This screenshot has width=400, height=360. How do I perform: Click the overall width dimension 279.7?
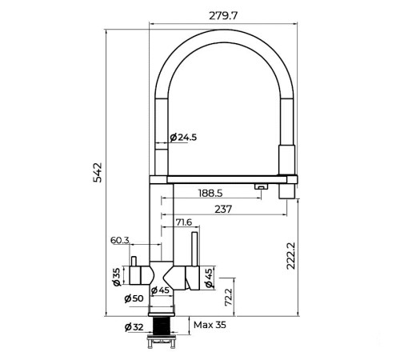pyautogui.click(x=223, y=16)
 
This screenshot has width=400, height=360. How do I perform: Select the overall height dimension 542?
pyautogui.click(x=98, y=172)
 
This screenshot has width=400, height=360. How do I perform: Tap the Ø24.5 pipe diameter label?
pyautogui.click(x=183, y=138)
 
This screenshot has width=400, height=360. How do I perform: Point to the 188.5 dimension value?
pyautogui.click(x=210, y=193)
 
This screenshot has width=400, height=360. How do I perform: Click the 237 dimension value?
pyautogui.click(x=223, y=209)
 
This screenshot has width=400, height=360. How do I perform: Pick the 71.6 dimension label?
pyautogui.click(x=183, y=222)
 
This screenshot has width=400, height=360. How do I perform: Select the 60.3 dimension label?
pyautogui.click(x=120, y=240)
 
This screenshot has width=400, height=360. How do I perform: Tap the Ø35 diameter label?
pyautogui.click(x=117, y=277)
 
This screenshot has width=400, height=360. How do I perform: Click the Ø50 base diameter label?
pyautogui.click(x=134, y=298)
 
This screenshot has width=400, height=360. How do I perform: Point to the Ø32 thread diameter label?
pyautogui.click(x=134, y=327)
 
